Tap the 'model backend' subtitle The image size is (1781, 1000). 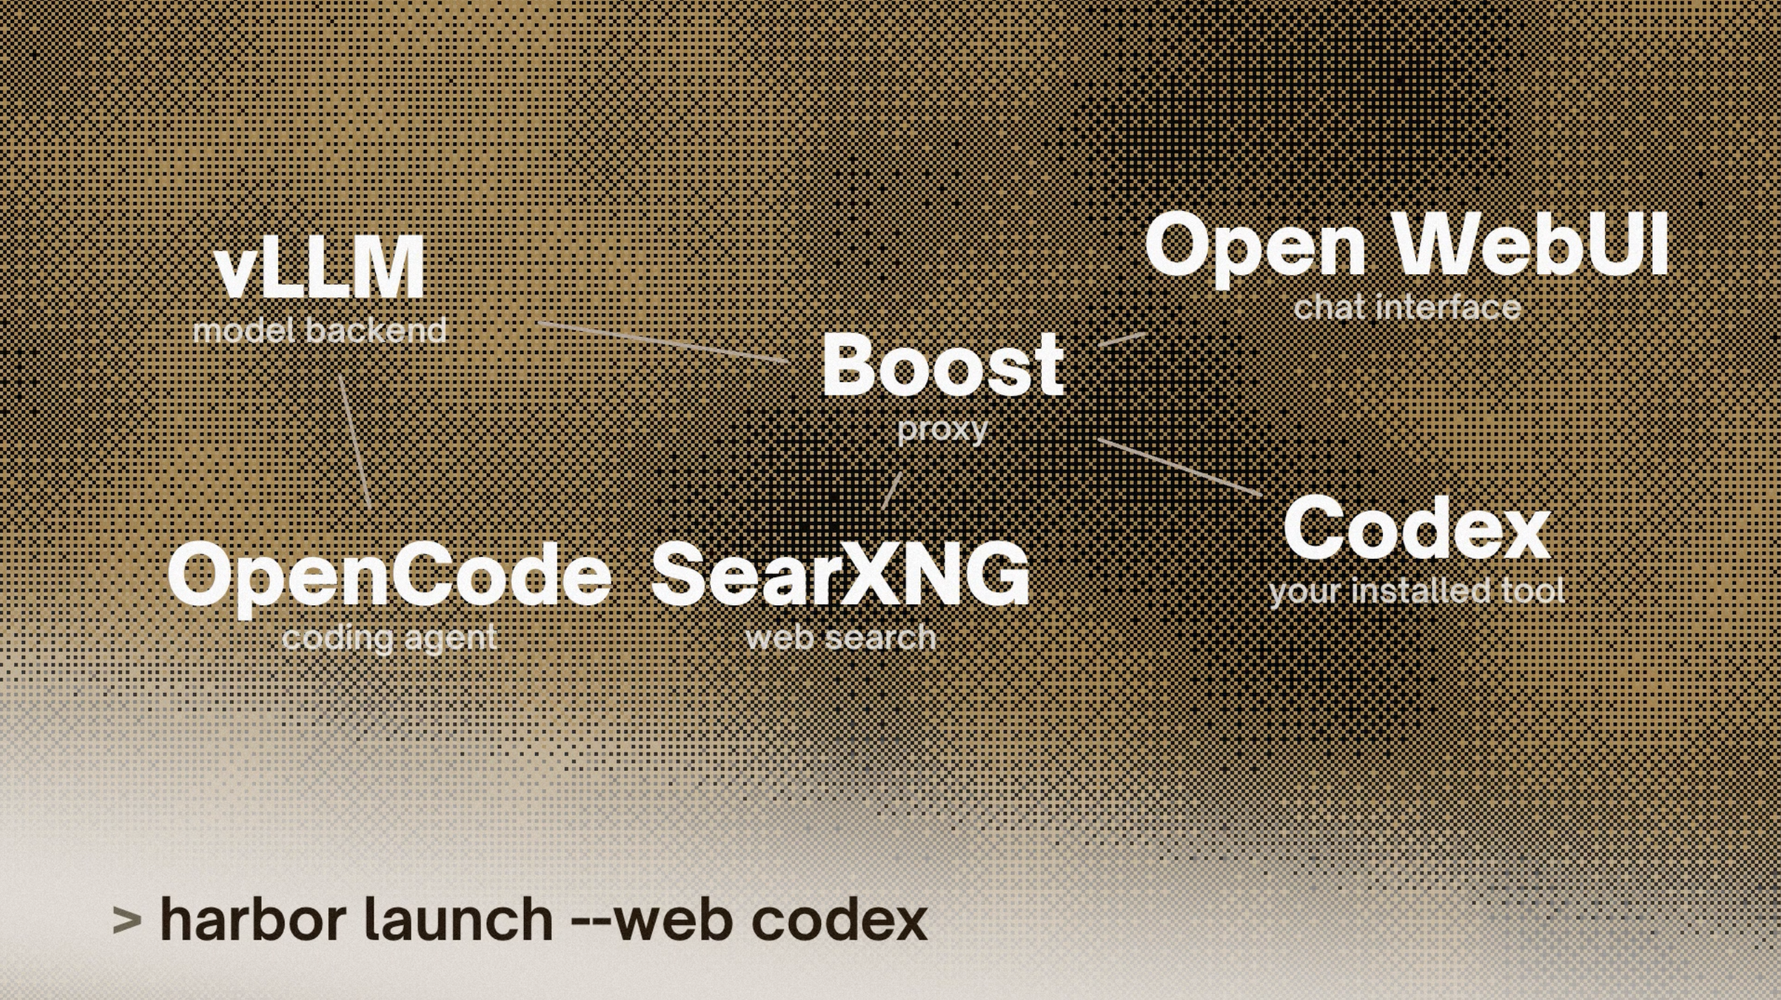tap(320, 330)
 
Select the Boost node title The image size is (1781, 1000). tap(943, 365)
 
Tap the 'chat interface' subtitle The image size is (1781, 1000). tap(1407, 308)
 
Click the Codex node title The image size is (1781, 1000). tap(1416, 527)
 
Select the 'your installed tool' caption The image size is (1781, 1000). tap(1416, 591)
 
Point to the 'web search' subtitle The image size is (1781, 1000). tap(841, 638)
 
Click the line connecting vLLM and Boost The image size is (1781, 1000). tap(663, 342)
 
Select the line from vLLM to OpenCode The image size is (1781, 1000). tap(355, 442)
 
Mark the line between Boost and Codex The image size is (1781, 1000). tap(1181, 468)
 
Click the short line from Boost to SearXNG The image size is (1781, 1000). tap(892, 490)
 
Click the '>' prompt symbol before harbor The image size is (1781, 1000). tap(127, 920)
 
